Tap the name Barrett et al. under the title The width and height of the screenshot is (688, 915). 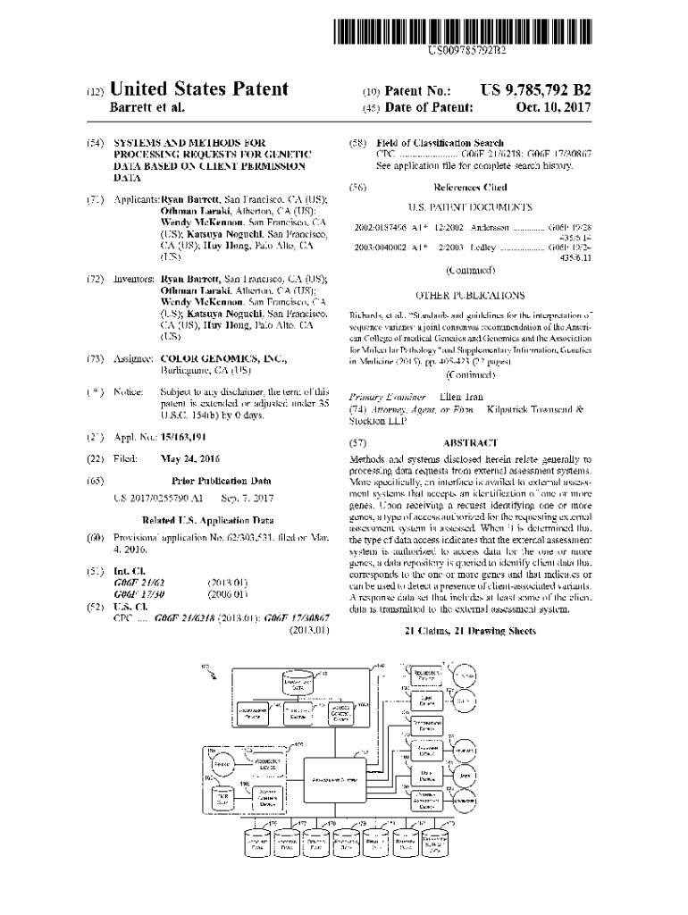tap(147, 108)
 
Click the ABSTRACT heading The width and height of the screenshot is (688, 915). tap(469, 442)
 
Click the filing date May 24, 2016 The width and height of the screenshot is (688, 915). tap(189, 457)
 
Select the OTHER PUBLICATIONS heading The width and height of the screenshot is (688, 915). tap(470, 295)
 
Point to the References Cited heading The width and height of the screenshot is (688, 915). tap(470, 188)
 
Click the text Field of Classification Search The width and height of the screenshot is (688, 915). tap(440, 143)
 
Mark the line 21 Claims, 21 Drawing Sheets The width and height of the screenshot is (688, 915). tap(469, 631)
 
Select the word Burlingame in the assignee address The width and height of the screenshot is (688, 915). tap(187, 370)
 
